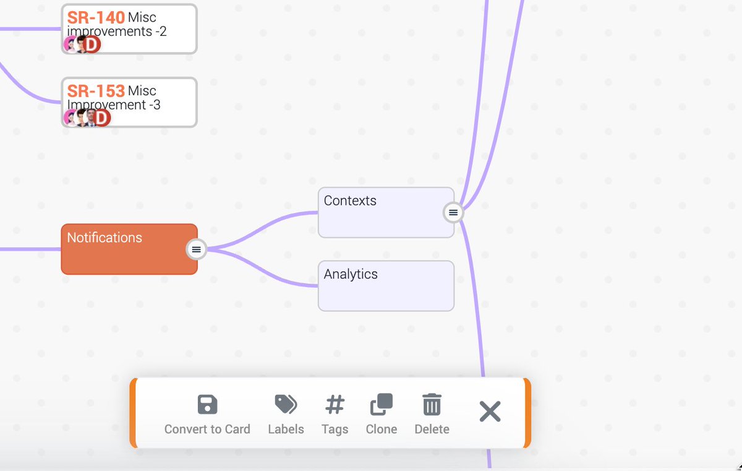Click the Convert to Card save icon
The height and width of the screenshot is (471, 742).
tap(207, 405)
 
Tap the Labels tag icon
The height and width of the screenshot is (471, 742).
tap(286, 405)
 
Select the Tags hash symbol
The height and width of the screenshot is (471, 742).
tap(335, 405)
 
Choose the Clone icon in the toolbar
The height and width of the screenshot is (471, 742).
tap(381, 405)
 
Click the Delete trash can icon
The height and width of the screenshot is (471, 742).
tap(432, 405)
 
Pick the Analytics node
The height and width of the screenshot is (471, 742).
tap(386, 291)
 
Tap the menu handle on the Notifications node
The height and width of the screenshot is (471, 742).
tap(196, 249)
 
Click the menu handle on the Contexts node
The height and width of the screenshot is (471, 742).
tap(453, 212)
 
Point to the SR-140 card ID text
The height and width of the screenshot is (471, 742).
tap(96, 18)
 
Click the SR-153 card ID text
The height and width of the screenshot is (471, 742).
tap(96, 92)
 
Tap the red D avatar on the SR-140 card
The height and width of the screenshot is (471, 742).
tap(92, 44)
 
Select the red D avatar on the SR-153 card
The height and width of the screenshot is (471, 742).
tap(101, 118)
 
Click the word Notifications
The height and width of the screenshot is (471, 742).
tap(104, 238)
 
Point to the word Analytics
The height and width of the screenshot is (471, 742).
tap(351, 274)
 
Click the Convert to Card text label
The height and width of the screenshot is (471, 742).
tap(207, 429)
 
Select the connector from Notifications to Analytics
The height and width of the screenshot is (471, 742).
tap(266, 272)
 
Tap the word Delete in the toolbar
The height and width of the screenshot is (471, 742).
tap(432, 429)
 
